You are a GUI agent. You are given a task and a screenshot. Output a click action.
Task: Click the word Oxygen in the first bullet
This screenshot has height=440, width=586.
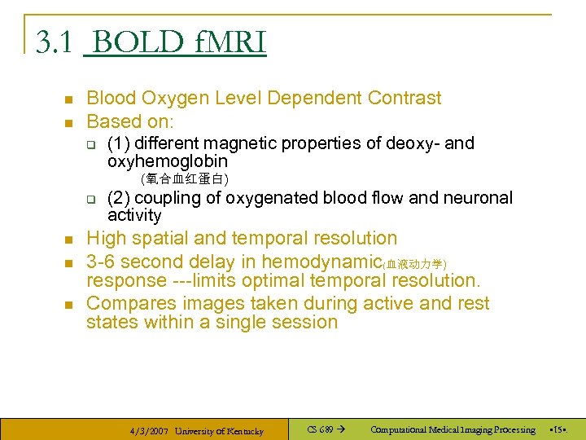coord(169,99)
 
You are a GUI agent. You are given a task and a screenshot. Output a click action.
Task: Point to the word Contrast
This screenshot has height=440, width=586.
coord(405,99)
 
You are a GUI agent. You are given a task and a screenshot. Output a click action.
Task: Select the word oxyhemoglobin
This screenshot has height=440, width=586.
coord(168,161)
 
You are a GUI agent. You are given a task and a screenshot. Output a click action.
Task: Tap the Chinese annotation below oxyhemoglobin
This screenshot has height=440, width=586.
coord(184,178)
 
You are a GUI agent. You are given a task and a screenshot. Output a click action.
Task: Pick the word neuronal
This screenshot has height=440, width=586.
coord(479,198)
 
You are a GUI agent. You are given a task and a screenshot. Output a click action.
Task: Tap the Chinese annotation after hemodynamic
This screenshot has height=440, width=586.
coord(414,264)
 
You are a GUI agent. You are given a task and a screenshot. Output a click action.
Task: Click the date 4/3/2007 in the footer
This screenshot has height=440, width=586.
coord(149,431)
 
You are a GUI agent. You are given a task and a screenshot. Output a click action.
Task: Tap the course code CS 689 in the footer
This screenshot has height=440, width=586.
coord(321,429)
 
